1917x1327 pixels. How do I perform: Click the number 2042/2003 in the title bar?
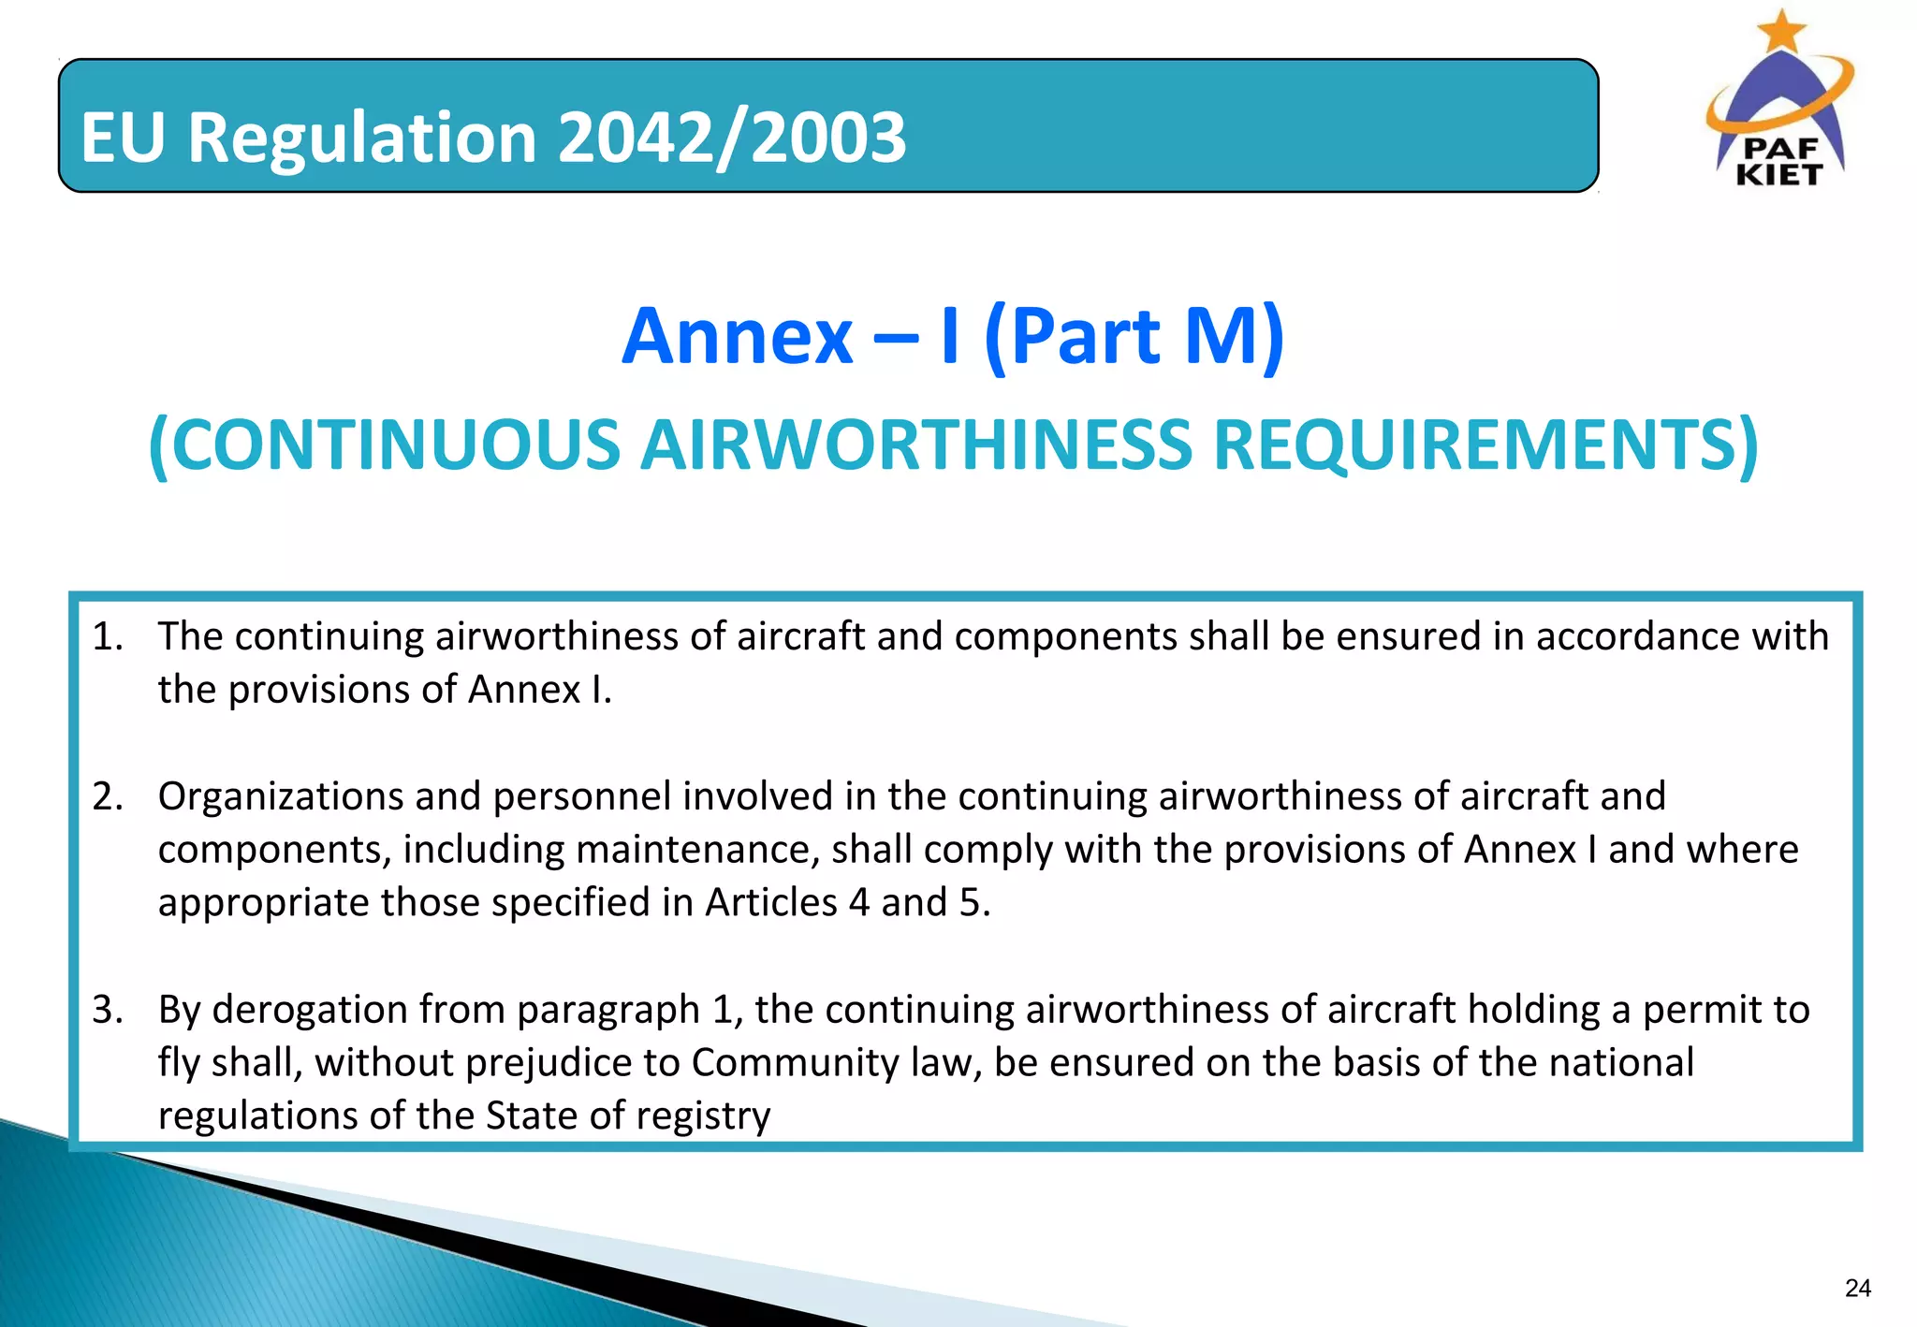732,138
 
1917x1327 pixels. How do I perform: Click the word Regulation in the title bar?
362,138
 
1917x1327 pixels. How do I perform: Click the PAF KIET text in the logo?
1778,162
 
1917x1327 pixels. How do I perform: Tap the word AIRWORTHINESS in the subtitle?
916,445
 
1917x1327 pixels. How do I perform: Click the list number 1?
107,637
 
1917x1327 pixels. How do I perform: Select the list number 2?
107,796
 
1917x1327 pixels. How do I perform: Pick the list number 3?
107,1010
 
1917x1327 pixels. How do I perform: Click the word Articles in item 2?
771,903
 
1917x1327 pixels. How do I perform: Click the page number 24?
1857,1289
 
